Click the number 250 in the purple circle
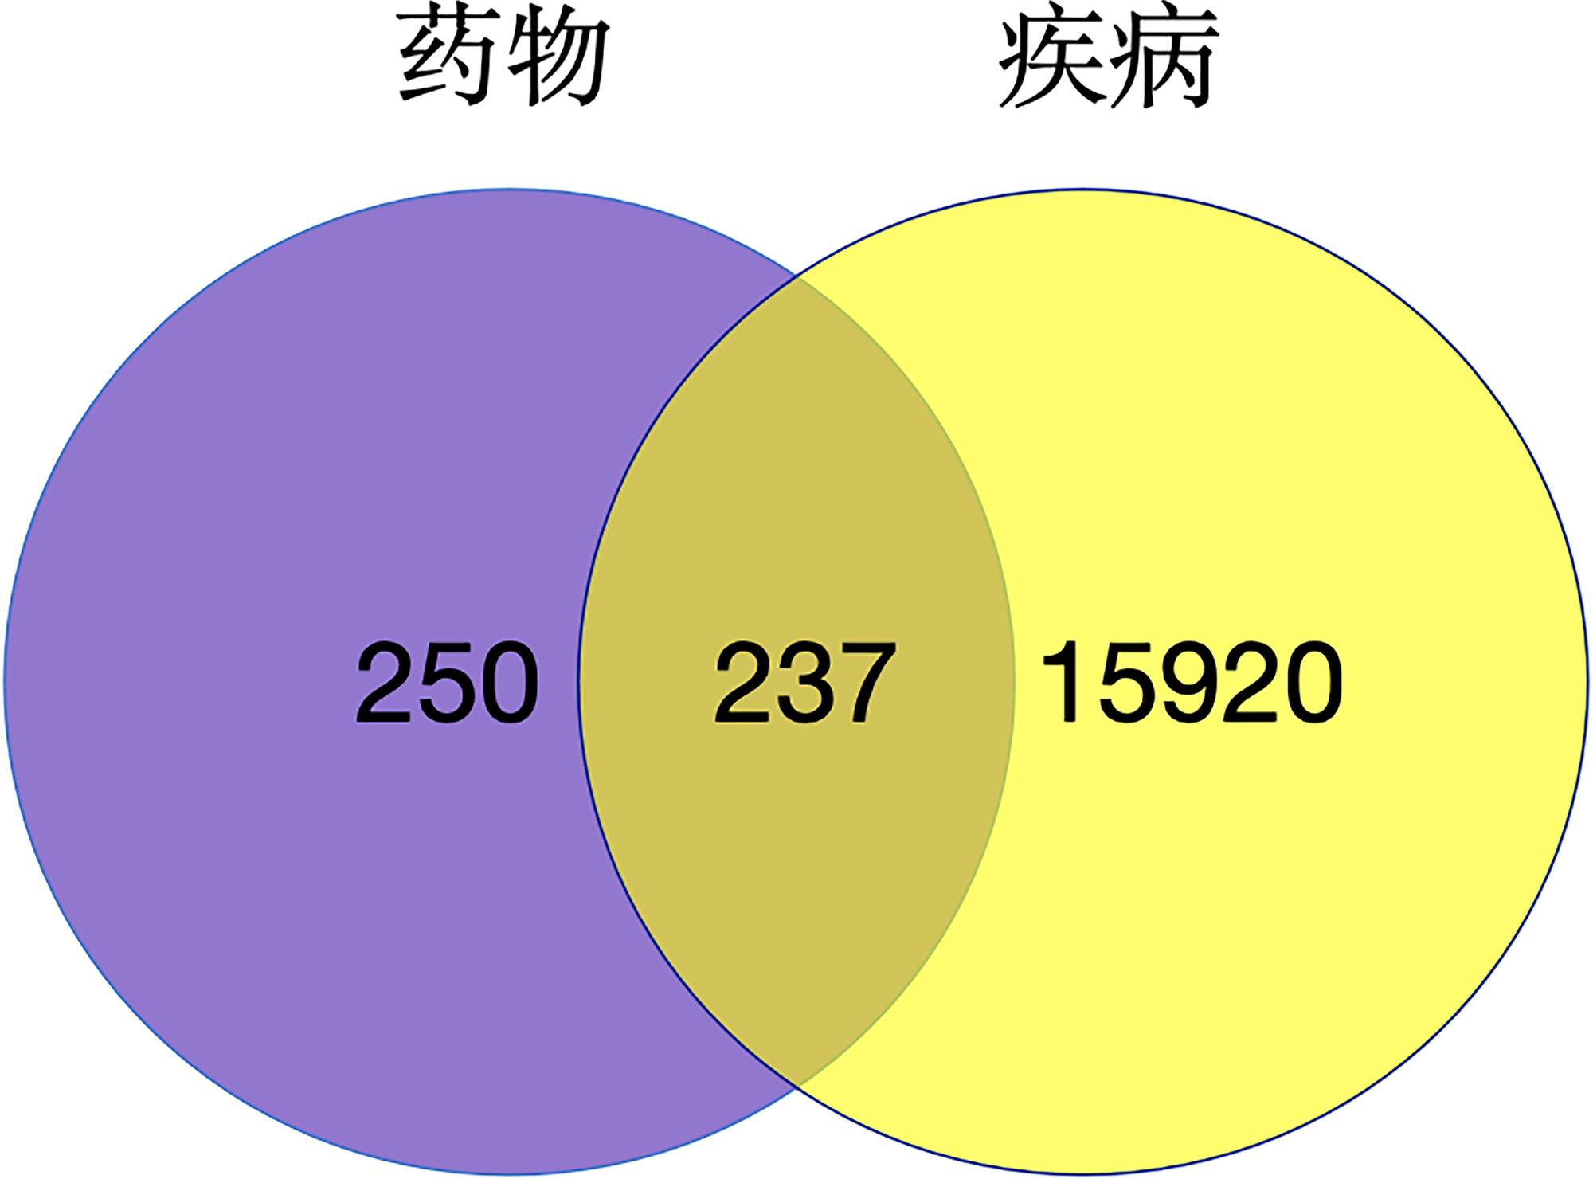(447, 684)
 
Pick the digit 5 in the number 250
(447, 684)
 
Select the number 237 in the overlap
(804, 684)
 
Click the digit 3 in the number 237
(804, 684)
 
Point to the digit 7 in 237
(863, 684)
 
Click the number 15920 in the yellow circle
(1192, 684)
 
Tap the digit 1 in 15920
(1063, 684)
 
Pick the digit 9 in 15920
(1191, 684)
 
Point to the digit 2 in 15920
(1251, 684)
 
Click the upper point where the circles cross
(797, 276)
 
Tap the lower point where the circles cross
(797, 1085)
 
